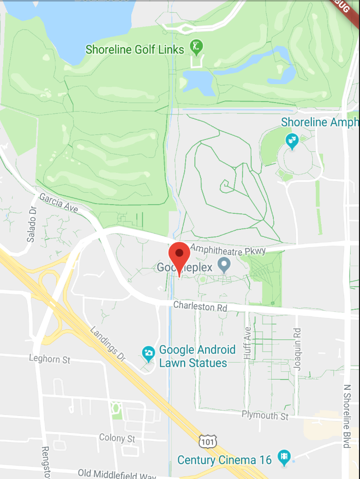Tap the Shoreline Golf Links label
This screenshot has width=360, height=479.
pyautogui.click(x=135, y=50)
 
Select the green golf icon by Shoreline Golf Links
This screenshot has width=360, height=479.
pyautogui.click(x=196, y=47)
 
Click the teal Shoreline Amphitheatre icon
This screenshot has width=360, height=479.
pyautogui.click(x=292, y=139)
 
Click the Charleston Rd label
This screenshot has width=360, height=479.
pyautogui.click(x=199, y=307)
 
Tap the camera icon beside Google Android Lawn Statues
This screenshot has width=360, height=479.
pyautogui.click(x=148, y=353)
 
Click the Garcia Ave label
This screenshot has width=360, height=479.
pyautogui.click(x=58, y=204)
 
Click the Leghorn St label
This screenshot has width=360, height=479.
pyautogui.click(x=50, y=360)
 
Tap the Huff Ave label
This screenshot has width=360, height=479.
pyautogui.click(x=248, y=346)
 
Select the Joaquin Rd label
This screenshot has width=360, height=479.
pyautogui.click(x=297, y=349)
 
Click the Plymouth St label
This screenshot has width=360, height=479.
pyautogui.click(x=265, y=415)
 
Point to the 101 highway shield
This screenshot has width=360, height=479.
pyautogui.click(x=208, y=441)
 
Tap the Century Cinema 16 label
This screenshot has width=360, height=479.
pyautogui.click(x=224, y=460)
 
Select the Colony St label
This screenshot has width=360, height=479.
pyautogui.click(x=117, y=438)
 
